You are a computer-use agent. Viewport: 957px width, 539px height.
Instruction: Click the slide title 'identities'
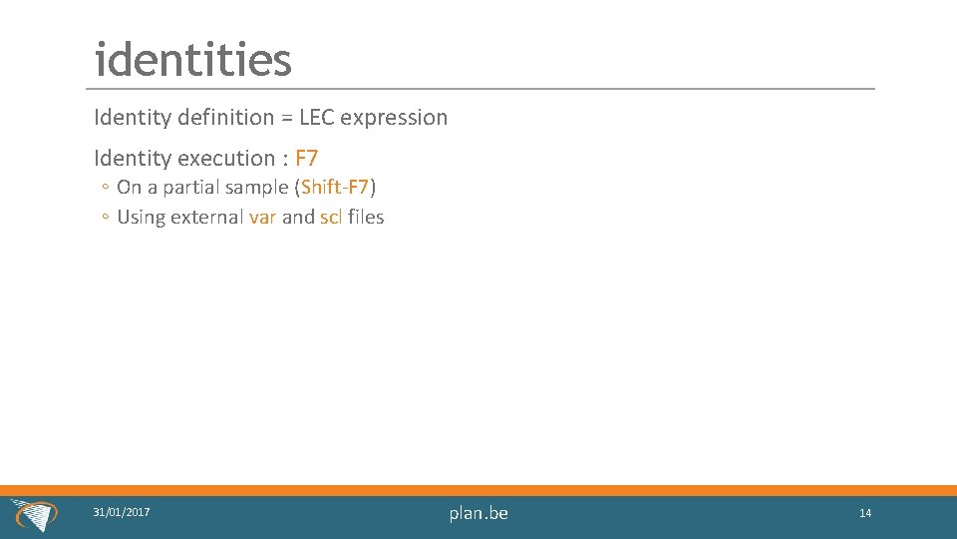pyautogui.click(x=192, y=60)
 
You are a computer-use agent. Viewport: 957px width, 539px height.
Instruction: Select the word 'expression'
pyautogui.click(x=395, y=118)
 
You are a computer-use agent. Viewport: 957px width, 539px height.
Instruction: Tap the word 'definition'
pyautogui.click(x=224, y=118)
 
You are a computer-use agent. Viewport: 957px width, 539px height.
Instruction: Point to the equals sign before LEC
pyautogui.click(x=286, y=118)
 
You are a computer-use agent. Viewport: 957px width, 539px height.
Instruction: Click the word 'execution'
pyautogui.click(x=225, y=158)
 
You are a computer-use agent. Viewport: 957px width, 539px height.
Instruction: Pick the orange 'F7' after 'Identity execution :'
pyautogui.click(x=306, y=158)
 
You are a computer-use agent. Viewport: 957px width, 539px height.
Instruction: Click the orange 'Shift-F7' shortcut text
pyautogui.click(x=335, y=187)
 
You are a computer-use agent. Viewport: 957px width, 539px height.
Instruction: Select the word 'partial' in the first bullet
pyautogui.click(x=193, y=187)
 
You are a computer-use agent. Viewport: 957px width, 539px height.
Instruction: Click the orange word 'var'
pyautogui.click(x=262, y=217)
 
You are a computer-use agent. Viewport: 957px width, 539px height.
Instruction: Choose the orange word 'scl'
pyautogui.click(x=331, y=217)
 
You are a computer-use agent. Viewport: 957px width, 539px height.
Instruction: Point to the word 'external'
pyautogui.click(x=206, y=217)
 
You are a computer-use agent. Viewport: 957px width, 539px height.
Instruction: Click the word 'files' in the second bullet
pyautogui.click(x=366, y=217)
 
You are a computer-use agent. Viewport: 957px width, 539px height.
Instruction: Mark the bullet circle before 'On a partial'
pyautogui.click(x=105, y=188)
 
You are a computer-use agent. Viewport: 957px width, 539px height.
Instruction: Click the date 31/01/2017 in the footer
pyautogui.click(x=122, y=512)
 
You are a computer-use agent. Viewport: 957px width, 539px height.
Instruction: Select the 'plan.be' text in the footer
pyautogui.click(x=478, y=513)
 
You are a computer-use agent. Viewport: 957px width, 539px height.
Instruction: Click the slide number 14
pyautogui.click(x=865, y=513)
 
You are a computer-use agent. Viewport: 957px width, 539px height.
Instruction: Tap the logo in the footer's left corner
pyautogui.click(x=33, y=515)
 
